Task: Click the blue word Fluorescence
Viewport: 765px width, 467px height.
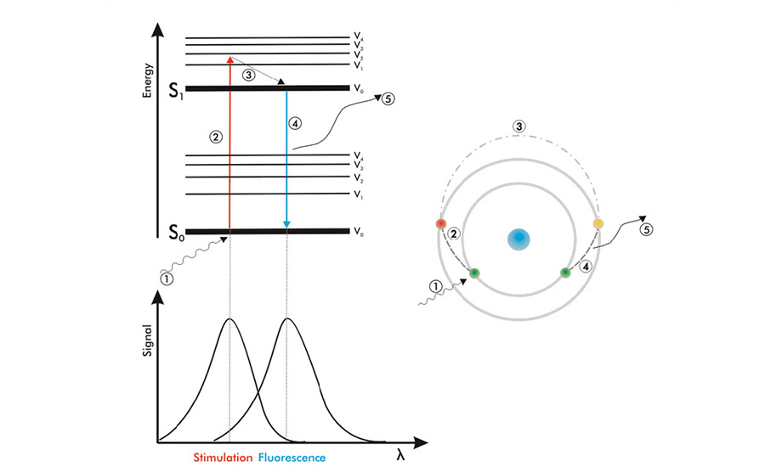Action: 292,457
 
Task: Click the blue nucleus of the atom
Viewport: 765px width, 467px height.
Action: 518,239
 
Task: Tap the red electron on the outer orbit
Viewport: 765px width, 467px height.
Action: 440,223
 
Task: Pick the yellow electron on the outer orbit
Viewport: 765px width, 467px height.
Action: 598,223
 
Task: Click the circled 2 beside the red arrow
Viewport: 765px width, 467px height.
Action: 216,136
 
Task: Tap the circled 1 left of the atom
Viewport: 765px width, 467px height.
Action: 434,287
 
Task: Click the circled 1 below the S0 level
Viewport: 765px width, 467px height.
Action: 167,276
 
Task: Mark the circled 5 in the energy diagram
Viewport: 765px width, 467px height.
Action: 389,97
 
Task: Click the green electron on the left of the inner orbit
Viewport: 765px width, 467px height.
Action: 473,273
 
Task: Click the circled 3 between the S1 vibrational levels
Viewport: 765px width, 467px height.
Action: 248,75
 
